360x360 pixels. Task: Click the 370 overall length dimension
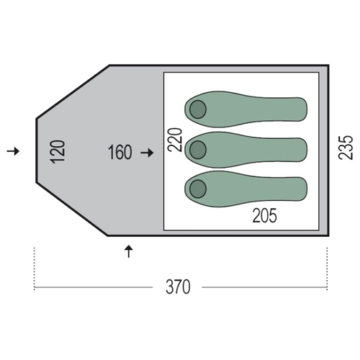[178, 287]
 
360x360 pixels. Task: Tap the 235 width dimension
[346, 148]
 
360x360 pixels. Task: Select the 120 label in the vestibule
[58, 152]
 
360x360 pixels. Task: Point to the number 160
[120, 152]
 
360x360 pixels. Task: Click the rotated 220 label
[175, 140]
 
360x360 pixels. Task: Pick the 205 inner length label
[264, 215]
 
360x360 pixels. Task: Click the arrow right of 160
[147, 153]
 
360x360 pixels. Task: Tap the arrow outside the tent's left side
[13, 151]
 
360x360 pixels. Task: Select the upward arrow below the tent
[129, 251]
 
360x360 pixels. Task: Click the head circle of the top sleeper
[198, 109]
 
